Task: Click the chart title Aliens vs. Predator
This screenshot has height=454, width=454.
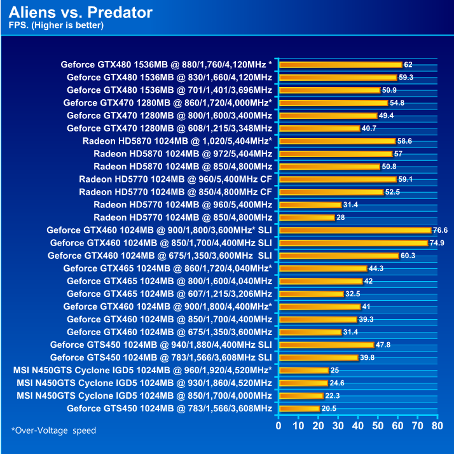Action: tap(81, 12)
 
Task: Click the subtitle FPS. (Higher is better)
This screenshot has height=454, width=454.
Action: tap(56, 26)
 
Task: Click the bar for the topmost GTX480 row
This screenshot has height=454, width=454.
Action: tap(340, 64)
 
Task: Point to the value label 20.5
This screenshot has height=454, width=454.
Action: tap(329, 408)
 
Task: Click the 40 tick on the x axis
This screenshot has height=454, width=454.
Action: tap(357, 425)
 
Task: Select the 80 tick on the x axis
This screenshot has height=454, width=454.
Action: tap(436, 425)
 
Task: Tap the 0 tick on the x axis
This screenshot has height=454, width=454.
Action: tap(279, 425)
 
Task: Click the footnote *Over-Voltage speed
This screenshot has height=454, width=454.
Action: tap(54, 430)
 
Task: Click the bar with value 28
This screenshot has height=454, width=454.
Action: tap(306, 217)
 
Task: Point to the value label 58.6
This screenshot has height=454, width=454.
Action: tap(405, 141)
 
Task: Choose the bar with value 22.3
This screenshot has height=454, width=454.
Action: tap(301, 396)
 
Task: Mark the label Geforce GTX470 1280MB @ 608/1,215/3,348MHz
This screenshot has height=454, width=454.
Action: tap(169, 128)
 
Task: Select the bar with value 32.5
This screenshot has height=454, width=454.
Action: tap(311, 294)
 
